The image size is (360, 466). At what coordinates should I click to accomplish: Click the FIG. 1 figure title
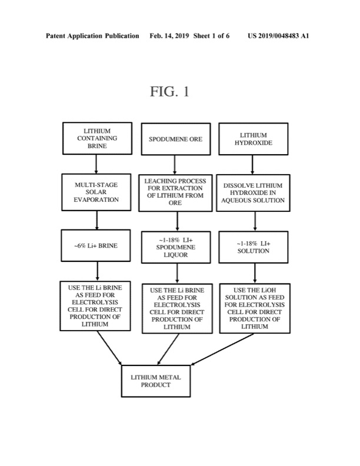pyautogui.click(x=169, y=92)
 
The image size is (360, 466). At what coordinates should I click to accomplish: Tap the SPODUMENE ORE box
pyautogui.click(x=175, y=139)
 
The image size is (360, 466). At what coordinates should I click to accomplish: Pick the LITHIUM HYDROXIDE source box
pyautogui.click(x=254, y=139)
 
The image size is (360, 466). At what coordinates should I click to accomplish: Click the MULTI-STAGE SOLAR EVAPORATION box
pyautogui.click(x=96, y=192)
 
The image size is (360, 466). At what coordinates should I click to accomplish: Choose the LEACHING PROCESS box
pyautogui.click(x=175, y=192)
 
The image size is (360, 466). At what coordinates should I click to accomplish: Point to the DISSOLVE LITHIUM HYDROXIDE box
pyautogui.click(x=254, y=192)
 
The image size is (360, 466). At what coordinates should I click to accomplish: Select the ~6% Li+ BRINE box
pyautogui.click(x=96, y=245)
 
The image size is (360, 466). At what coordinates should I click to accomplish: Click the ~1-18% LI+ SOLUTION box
pyautogui.click(x=254, y=247)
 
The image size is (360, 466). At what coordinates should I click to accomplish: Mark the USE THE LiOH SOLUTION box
pyautogui.click(x=254, y=308)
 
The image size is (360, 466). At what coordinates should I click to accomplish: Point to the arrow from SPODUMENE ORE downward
pyautogui.click(x=175, y=164)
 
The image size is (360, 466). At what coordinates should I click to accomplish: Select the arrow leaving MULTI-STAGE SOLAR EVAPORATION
pyautogui.click(x=96, y=220)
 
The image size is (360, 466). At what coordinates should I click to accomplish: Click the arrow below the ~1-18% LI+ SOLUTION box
pyautogui.click(x=254, y=272)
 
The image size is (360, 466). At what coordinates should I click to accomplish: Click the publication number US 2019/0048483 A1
pyautogui.click(x=278, y=36)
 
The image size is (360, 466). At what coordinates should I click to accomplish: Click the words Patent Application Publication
pyautogui.click(x=92, y=36)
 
